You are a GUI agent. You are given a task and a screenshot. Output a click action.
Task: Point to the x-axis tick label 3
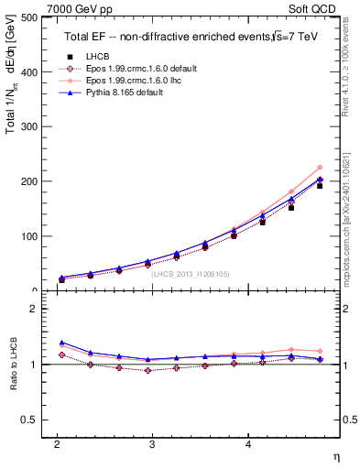pos(152,444)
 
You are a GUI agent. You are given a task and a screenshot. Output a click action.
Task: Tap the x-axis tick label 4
pos(247,444)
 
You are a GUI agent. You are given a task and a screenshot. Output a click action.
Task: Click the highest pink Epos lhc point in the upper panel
pos(319,168)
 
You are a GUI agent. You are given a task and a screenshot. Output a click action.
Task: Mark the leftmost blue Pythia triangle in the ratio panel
pos(61,342)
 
